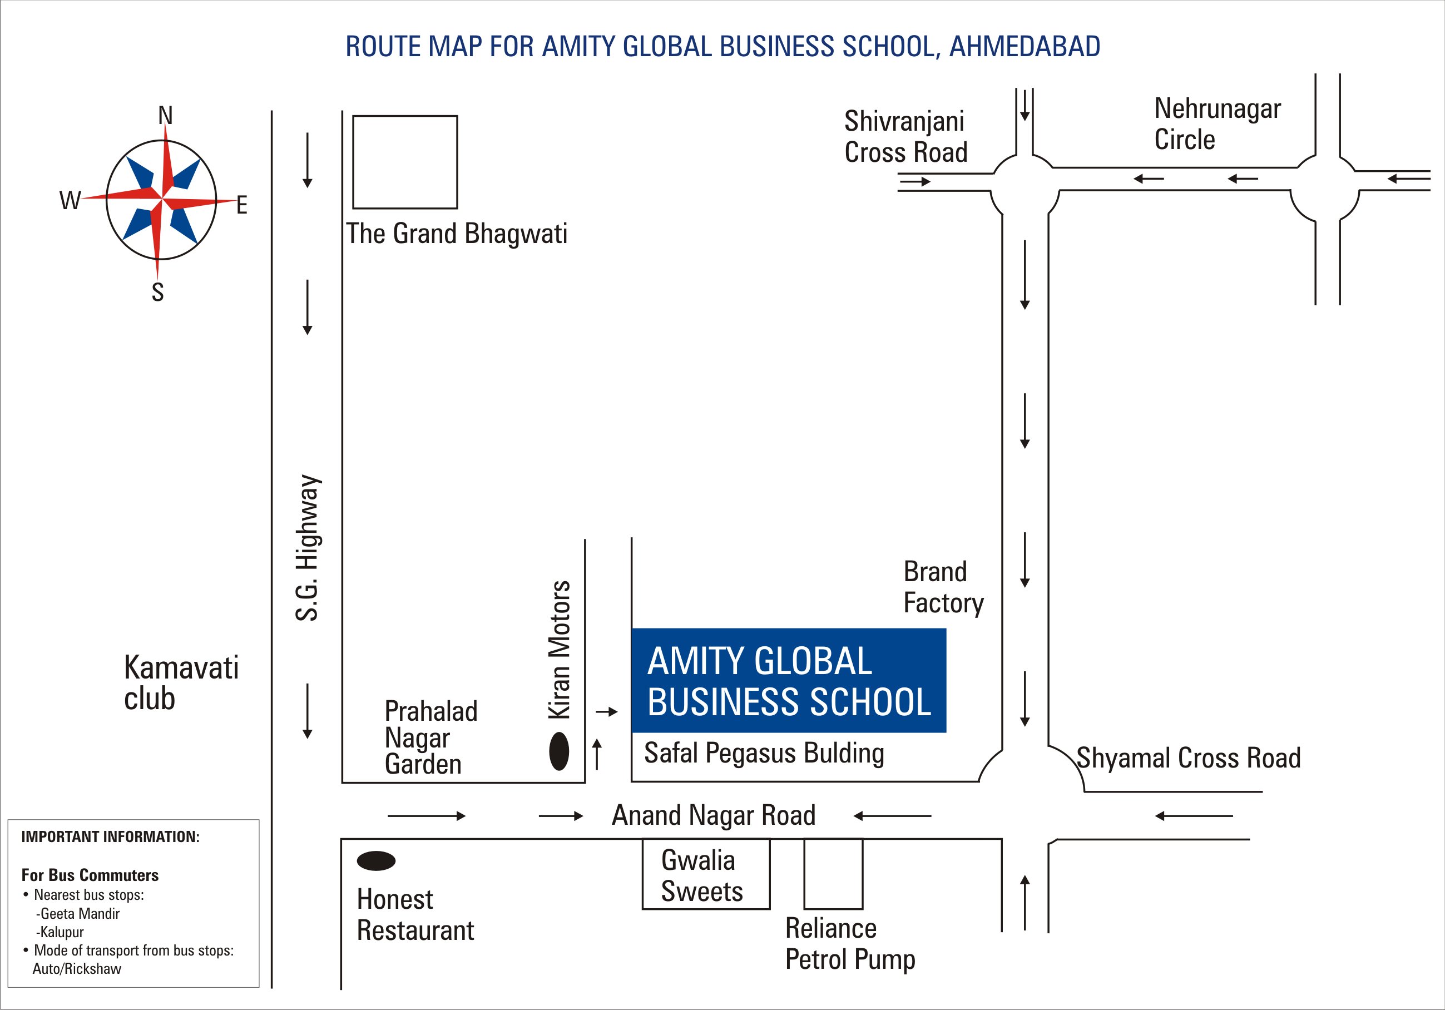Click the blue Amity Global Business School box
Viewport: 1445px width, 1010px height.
(789, 680)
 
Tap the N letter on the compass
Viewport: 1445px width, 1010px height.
(165, 116)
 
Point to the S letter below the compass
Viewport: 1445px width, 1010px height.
(158, 292)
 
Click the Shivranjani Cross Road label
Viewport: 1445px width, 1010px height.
(905, 137)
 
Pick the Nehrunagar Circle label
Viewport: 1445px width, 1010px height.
(1217, 124)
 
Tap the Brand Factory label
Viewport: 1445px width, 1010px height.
(943, 587)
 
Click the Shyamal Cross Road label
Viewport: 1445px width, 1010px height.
(1188, 758)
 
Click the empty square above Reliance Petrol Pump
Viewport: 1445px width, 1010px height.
(833, 874)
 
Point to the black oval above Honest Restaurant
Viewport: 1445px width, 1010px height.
(377, 861)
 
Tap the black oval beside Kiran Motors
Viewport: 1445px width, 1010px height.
(559, 751)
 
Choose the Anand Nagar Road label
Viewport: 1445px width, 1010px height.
(714, 815)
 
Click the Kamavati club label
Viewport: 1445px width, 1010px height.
(181, 683)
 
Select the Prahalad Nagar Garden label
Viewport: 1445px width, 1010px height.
(431, 737)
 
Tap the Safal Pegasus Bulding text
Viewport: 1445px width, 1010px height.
(764, 753)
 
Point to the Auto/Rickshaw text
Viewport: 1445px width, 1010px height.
(77, 969)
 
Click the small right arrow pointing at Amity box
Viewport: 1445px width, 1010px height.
(607, 712)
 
